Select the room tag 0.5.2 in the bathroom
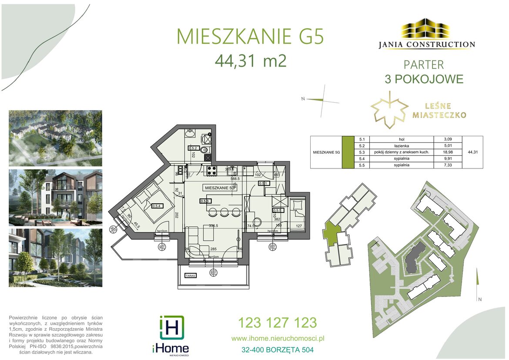[x=193, y=148]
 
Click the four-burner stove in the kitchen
[x=212, y=171]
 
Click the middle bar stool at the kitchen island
[x=224, y=212]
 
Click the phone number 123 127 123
[x=277, y=323]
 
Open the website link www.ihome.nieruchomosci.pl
[x=278, y=338]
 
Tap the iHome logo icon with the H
[x=171, y=328]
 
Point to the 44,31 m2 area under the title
[x=251, y=61]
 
